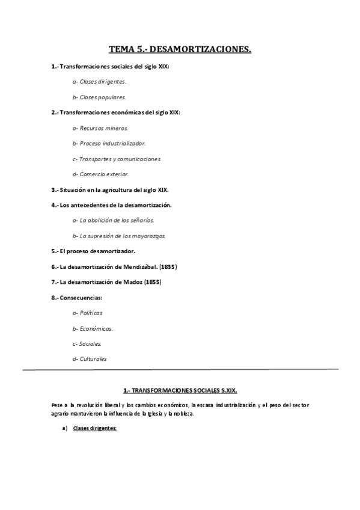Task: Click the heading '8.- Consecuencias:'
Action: (x=77, y=297)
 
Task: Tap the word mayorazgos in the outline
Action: (x=147, y=236)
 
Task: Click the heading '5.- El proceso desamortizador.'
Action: (x=93, y=251)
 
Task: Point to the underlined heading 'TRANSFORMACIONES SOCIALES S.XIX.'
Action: (x=185, y=390)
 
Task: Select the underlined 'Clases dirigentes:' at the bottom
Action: (x=94, y=428)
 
